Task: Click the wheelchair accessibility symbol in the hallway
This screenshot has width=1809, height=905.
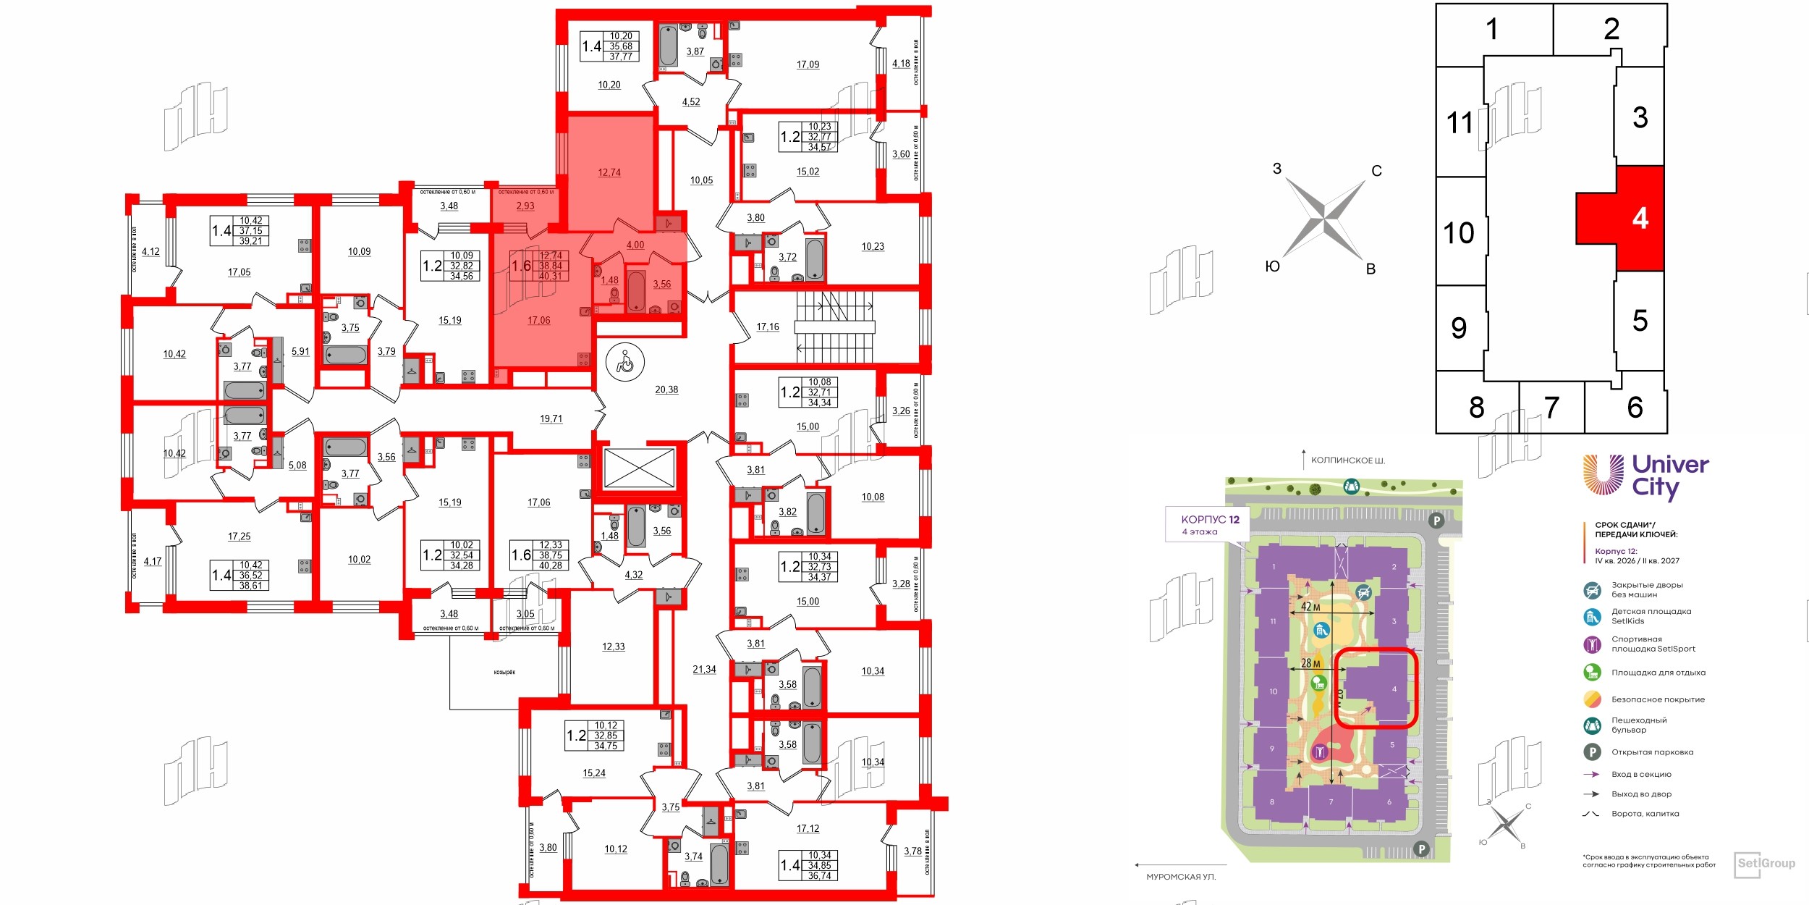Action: (625, 361)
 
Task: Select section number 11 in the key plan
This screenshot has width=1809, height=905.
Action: (1460, 122)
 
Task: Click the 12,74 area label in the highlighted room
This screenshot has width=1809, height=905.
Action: (609, 172)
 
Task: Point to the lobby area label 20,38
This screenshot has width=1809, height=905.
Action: (666, 390)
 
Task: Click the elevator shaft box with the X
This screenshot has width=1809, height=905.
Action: (639, 468)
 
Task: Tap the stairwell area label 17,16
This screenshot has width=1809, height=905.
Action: (768, 327)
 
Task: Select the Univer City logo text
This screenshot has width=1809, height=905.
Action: (1670, 475)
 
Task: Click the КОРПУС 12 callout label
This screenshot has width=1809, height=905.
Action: (1210, 519)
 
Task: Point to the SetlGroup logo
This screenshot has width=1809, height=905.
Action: (1766, 863)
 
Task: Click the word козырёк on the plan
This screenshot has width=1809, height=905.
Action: (504, 673)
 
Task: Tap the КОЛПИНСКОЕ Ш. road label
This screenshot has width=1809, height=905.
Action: (1348, 460)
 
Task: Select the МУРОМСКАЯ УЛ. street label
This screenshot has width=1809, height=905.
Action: (1181, 877)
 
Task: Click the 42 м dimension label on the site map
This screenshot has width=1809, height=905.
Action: (1310, 607)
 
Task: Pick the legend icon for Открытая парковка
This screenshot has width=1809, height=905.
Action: (1592, 752)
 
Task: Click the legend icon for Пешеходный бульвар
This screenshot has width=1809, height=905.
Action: (1592, 725)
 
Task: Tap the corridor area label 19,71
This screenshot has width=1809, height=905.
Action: (551, 418)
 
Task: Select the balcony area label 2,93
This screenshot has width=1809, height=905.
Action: (525, 206)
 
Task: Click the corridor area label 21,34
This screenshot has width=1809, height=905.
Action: (704, 670)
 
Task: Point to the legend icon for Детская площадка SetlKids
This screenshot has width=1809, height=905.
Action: (1592, 616)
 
